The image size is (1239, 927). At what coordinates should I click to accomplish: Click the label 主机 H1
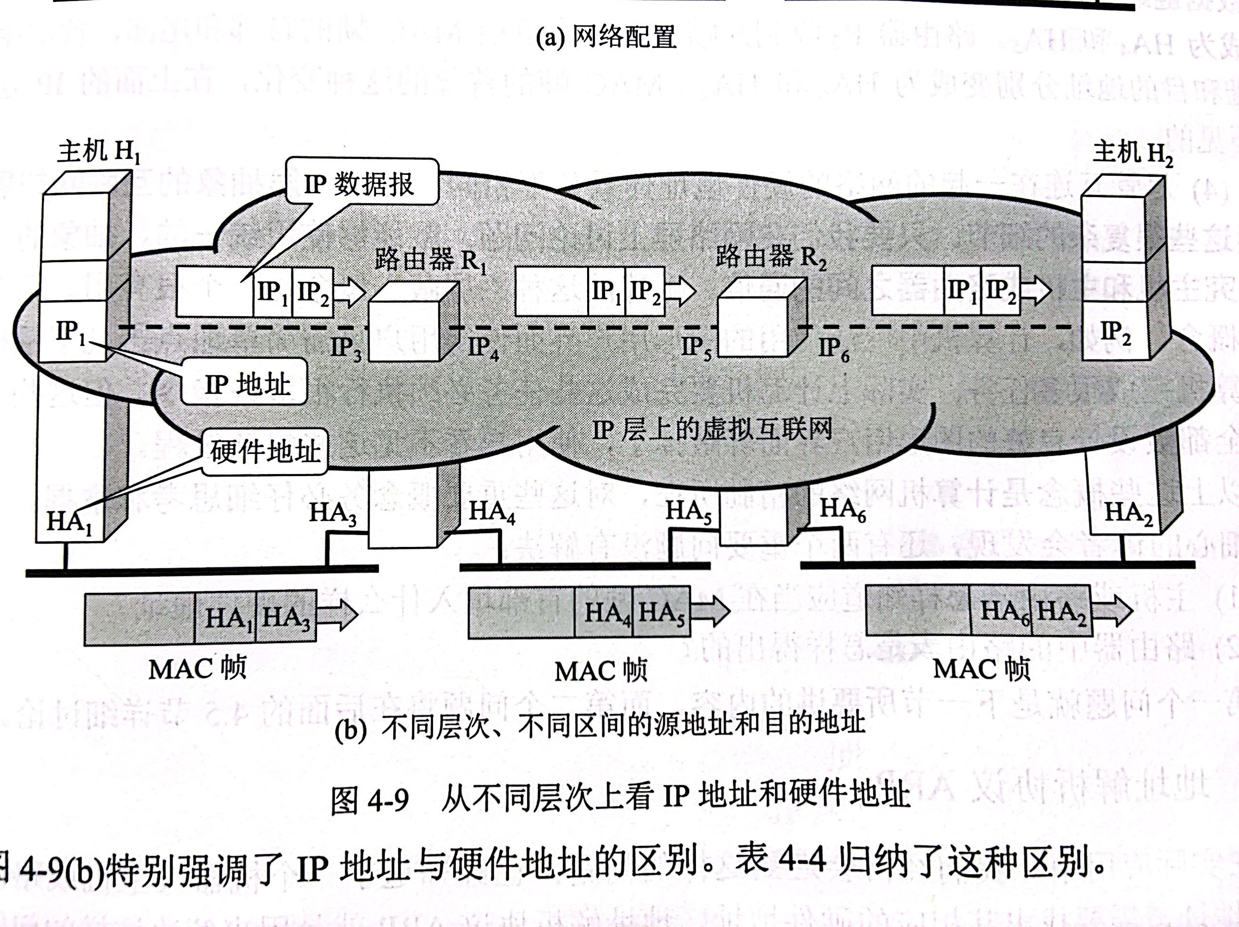(98, 151)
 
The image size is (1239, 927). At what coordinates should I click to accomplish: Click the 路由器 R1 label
(430, 259)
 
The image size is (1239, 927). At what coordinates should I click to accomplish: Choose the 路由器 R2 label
(771, 256)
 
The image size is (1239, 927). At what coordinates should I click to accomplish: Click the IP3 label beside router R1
(346, 348)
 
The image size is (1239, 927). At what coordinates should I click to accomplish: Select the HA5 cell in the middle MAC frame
(662, 612)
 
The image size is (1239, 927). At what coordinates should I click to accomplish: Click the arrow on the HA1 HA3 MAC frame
(337, 615)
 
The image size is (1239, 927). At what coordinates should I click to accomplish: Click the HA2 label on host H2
(1127, 513)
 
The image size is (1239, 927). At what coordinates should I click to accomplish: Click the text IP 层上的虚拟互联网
(712, 429)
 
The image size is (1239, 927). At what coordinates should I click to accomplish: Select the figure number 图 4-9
(370, 800)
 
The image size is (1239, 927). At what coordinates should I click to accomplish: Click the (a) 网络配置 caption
(606, 38)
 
